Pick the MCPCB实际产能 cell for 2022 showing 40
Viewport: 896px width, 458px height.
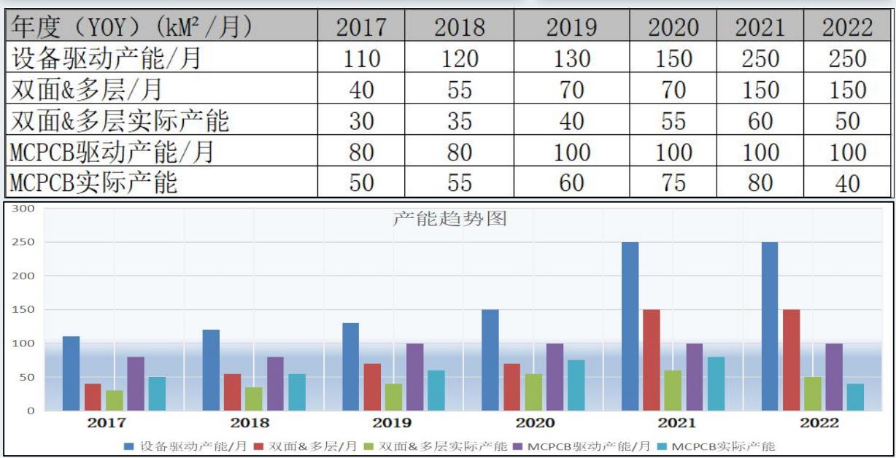click(848, 182)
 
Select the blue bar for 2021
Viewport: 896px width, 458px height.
click(630, 326)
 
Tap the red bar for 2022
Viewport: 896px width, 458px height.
click(791, 360)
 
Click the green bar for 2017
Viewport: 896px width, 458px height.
click(114, 400)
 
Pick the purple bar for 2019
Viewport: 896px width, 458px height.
click(414, 376)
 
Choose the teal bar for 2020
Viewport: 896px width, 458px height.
click(576, 385)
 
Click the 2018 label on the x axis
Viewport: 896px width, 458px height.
click(250, 423)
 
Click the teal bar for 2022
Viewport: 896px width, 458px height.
click(854, 397)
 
